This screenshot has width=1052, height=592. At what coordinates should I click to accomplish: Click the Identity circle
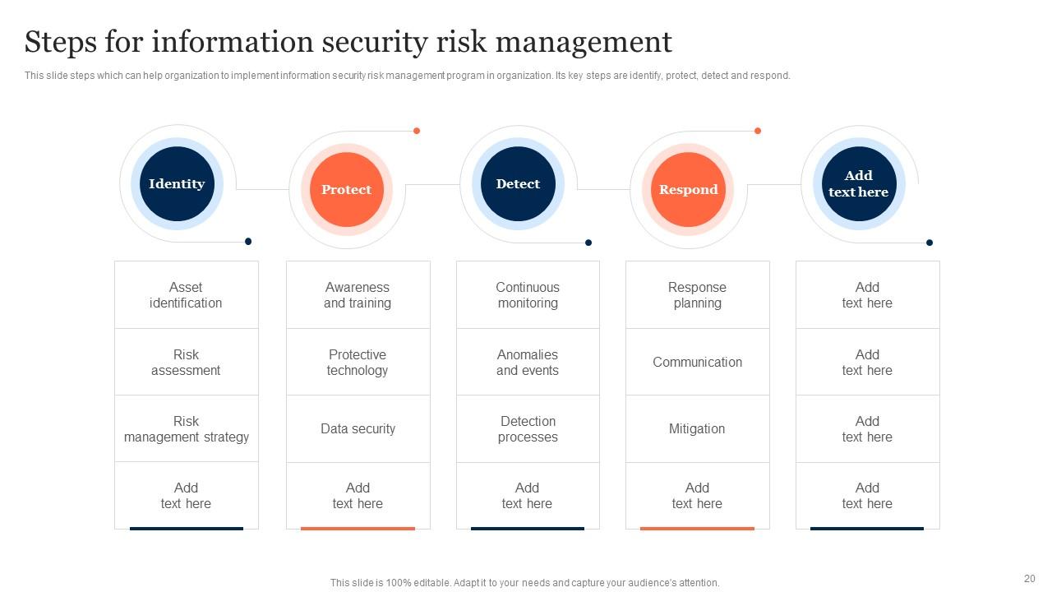click(177, 184)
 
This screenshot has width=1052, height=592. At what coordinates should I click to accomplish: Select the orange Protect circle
click(346, 190)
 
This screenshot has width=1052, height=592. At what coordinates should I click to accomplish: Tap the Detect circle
click(518, 184)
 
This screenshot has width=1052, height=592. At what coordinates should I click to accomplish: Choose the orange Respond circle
click(688, 190)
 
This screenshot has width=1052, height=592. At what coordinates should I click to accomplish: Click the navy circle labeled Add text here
click(859, 184)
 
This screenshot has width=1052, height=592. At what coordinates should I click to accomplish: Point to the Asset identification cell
click(186, 295)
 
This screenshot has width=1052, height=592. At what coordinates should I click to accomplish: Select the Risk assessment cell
click(186, 363)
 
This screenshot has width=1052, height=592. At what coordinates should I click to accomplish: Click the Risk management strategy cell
click(186, 429)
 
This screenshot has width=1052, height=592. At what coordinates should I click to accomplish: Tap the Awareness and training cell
click(358, 295)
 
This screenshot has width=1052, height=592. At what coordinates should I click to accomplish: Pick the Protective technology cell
click(358, 363)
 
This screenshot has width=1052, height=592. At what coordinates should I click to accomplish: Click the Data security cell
click(358, 429)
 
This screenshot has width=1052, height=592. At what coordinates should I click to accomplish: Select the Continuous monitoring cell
click(528, 295)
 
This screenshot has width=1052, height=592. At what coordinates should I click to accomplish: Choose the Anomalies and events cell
click(528, 363)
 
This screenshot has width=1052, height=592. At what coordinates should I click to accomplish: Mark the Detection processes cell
click(528, 429)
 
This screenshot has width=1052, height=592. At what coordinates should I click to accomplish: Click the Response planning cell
click(697, 295)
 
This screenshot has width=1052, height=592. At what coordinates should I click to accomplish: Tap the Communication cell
click(697, 363)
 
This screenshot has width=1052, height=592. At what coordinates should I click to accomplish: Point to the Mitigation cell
click(697, 429)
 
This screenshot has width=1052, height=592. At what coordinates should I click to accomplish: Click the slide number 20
click(1029, 579)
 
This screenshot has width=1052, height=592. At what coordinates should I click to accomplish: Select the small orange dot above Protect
click(417, 131)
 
